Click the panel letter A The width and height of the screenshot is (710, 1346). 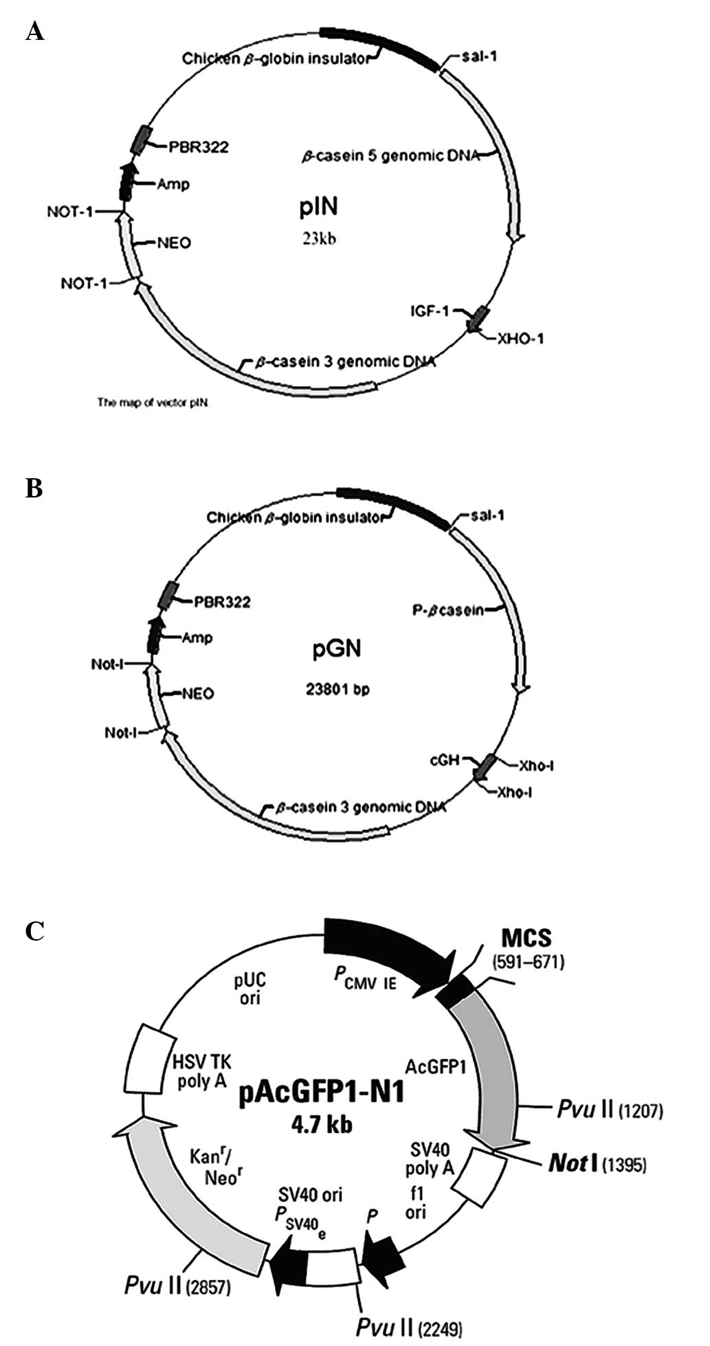point(34,31)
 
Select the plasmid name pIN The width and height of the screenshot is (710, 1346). point(319,206)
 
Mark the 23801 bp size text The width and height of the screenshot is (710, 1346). point(337,689)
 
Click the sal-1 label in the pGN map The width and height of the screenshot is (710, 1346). point(486,515)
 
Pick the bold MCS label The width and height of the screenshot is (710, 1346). point(526,936)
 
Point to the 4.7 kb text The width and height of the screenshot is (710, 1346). point(322,1125)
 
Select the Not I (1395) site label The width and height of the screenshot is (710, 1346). point(597,1163)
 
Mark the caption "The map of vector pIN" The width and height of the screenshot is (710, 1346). point(153,403)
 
